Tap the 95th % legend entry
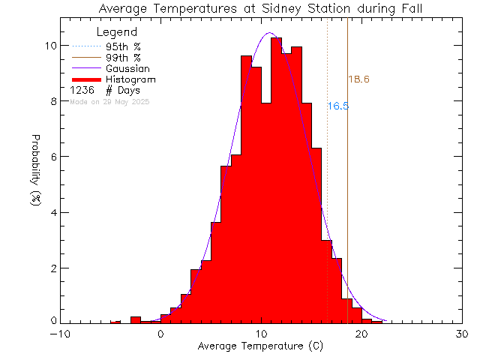(123, 46)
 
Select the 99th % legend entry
(123, 58)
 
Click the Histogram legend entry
(130, 79)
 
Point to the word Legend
(117, 32)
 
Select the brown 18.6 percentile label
(358, 79)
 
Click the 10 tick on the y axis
(51, 46)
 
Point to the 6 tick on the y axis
(53, 157)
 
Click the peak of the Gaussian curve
(269, 34)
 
